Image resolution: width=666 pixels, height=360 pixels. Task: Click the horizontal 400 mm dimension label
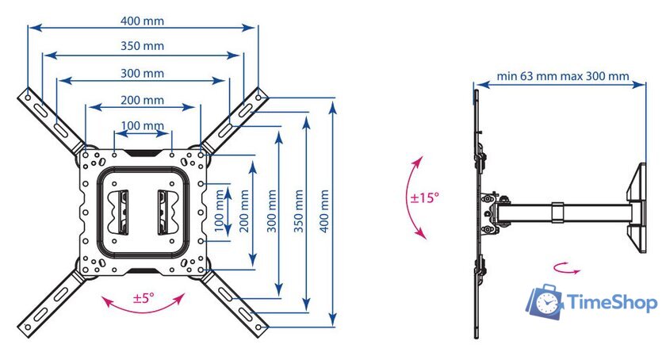[x=143, y=18]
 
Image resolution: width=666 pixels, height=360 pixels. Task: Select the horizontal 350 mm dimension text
[x=143, y=46]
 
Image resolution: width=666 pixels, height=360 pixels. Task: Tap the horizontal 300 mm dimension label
[x=143, y=73]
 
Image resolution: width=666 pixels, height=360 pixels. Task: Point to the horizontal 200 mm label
[x=143, y=100]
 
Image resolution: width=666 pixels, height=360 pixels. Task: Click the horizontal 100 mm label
[x=143, y=125]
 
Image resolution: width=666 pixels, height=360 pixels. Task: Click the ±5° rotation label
[x=144, y=298]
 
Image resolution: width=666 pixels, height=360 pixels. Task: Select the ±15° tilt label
[x=425, y=197]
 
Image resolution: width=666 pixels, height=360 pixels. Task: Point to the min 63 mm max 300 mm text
[x=563, y=77]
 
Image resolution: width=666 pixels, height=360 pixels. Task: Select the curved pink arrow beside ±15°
[x=413, y=197]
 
